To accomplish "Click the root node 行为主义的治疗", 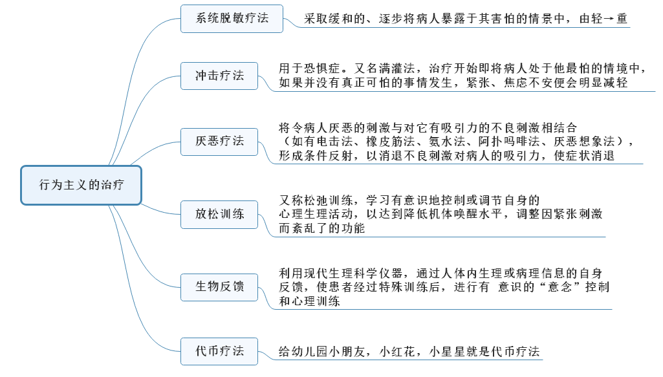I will point(81,185).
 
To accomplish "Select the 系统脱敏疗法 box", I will point(232,18).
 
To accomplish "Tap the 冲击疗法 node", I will point(220,76).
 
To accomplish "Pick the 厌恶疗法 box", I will point(220,140).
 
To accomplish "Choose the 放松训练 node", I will point(220,213).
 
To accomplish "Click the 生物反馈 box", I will point(220,286).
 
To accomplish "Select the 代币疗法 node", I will point(220,352).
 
